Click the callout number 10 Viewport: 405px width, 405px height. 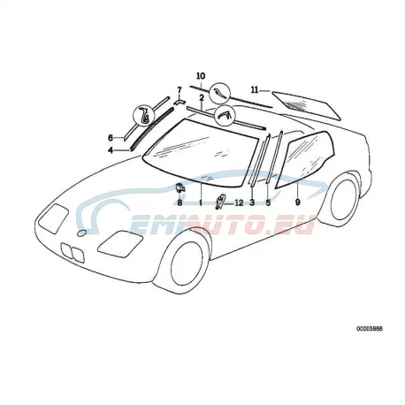[201, 76]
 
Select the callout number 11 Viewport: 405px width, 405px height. [255, 90]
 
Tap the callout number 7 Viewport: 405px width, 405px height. [180, 89]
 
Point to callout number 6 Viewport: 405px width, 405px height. [111, 138]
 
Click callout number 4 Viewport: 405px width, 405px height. [111, 150]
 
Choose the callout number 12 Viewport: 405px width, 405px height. [239, 202]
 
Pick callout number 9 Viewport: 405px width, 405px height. [297, 202]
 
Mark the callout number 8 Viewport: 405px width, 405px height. [180, 202]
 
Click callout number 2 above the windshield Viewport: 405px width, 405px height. [202, 98]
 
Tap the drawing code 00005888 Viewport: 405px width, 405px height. [370, 329]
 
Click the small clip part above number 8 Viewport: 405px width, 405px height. [180, 187]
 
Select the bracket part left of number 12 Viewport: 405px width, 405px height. [220, 202]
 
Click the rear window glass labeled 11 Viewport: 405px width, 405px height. [307, 105]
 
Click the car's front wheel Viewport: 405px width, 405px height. [187, 264]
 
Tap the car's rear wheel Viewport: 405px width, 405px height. [344, 199]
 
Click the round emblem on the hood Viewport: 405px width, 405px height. [81, 233]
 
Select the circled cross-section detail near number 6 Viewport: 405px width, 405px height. [145, 116]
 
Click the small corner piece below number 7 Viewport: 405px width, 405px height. [180, 102]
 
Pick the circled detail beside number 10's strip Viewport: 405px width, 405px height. [219, 94]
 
